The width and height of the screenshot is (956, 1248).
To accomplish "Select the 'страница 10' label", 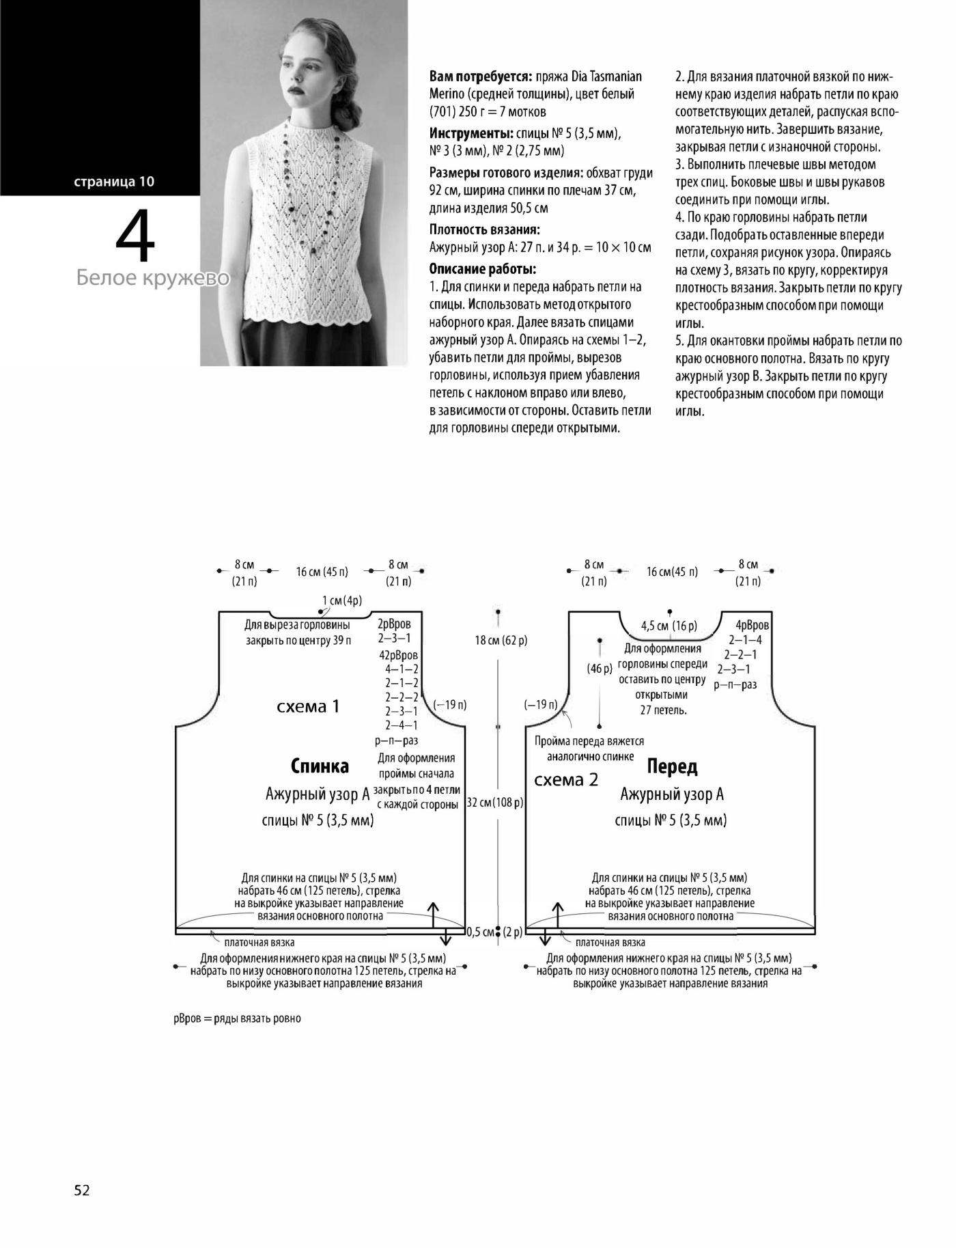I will point(115,182).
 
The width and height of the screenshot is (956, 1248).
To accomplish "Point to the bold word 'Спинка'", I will point(320,766).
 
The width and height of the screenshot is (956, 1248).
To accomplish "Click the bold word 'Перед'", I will point(672,766).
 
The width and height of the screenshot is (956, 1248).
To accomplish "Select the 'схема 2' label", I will point(566,779).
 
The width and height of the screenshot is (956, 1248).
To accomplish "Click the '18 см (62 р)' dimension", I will point(501,640).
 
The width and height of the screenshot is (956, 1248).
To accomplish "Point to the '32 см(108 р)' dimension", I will point(495,803).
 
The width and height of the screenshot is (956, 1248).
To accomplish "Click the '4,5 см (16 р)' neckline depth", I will point(669,626).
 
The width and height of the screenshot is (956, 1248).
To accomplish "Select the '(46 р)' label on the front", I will point(599,669).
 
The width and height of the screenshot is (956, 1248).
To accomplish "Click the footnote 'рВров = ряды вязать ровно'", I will point(237,1018).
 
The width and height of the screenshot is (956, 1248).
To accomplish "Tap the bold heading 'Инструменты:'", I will point(471,133).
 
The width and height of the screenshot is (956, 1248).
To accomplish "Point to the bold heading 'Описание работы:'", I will point(483,268).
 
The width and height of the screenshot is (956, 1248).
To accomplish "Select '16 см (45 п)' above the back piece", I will point(322,572).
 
